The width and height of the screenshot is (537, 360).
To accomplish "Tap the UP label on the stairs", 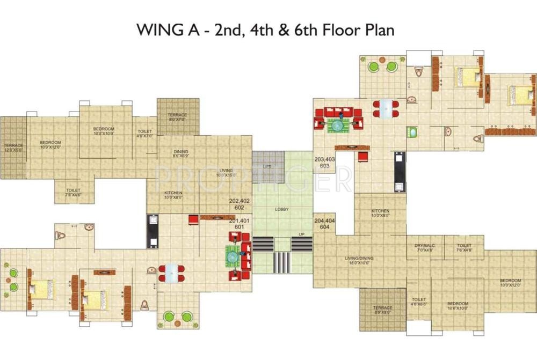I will coord(302,235).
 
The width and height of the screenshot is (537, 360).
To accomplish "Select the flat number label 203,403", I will coord(325,159).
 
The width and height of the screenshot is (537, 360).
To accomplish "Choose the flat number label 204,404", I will coord(324,221).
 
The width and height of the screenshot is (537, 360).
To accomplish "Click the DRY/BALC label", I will coord(425,245).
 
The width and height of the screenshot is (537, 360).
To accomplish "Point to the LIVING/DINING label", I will coord(359,258).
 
